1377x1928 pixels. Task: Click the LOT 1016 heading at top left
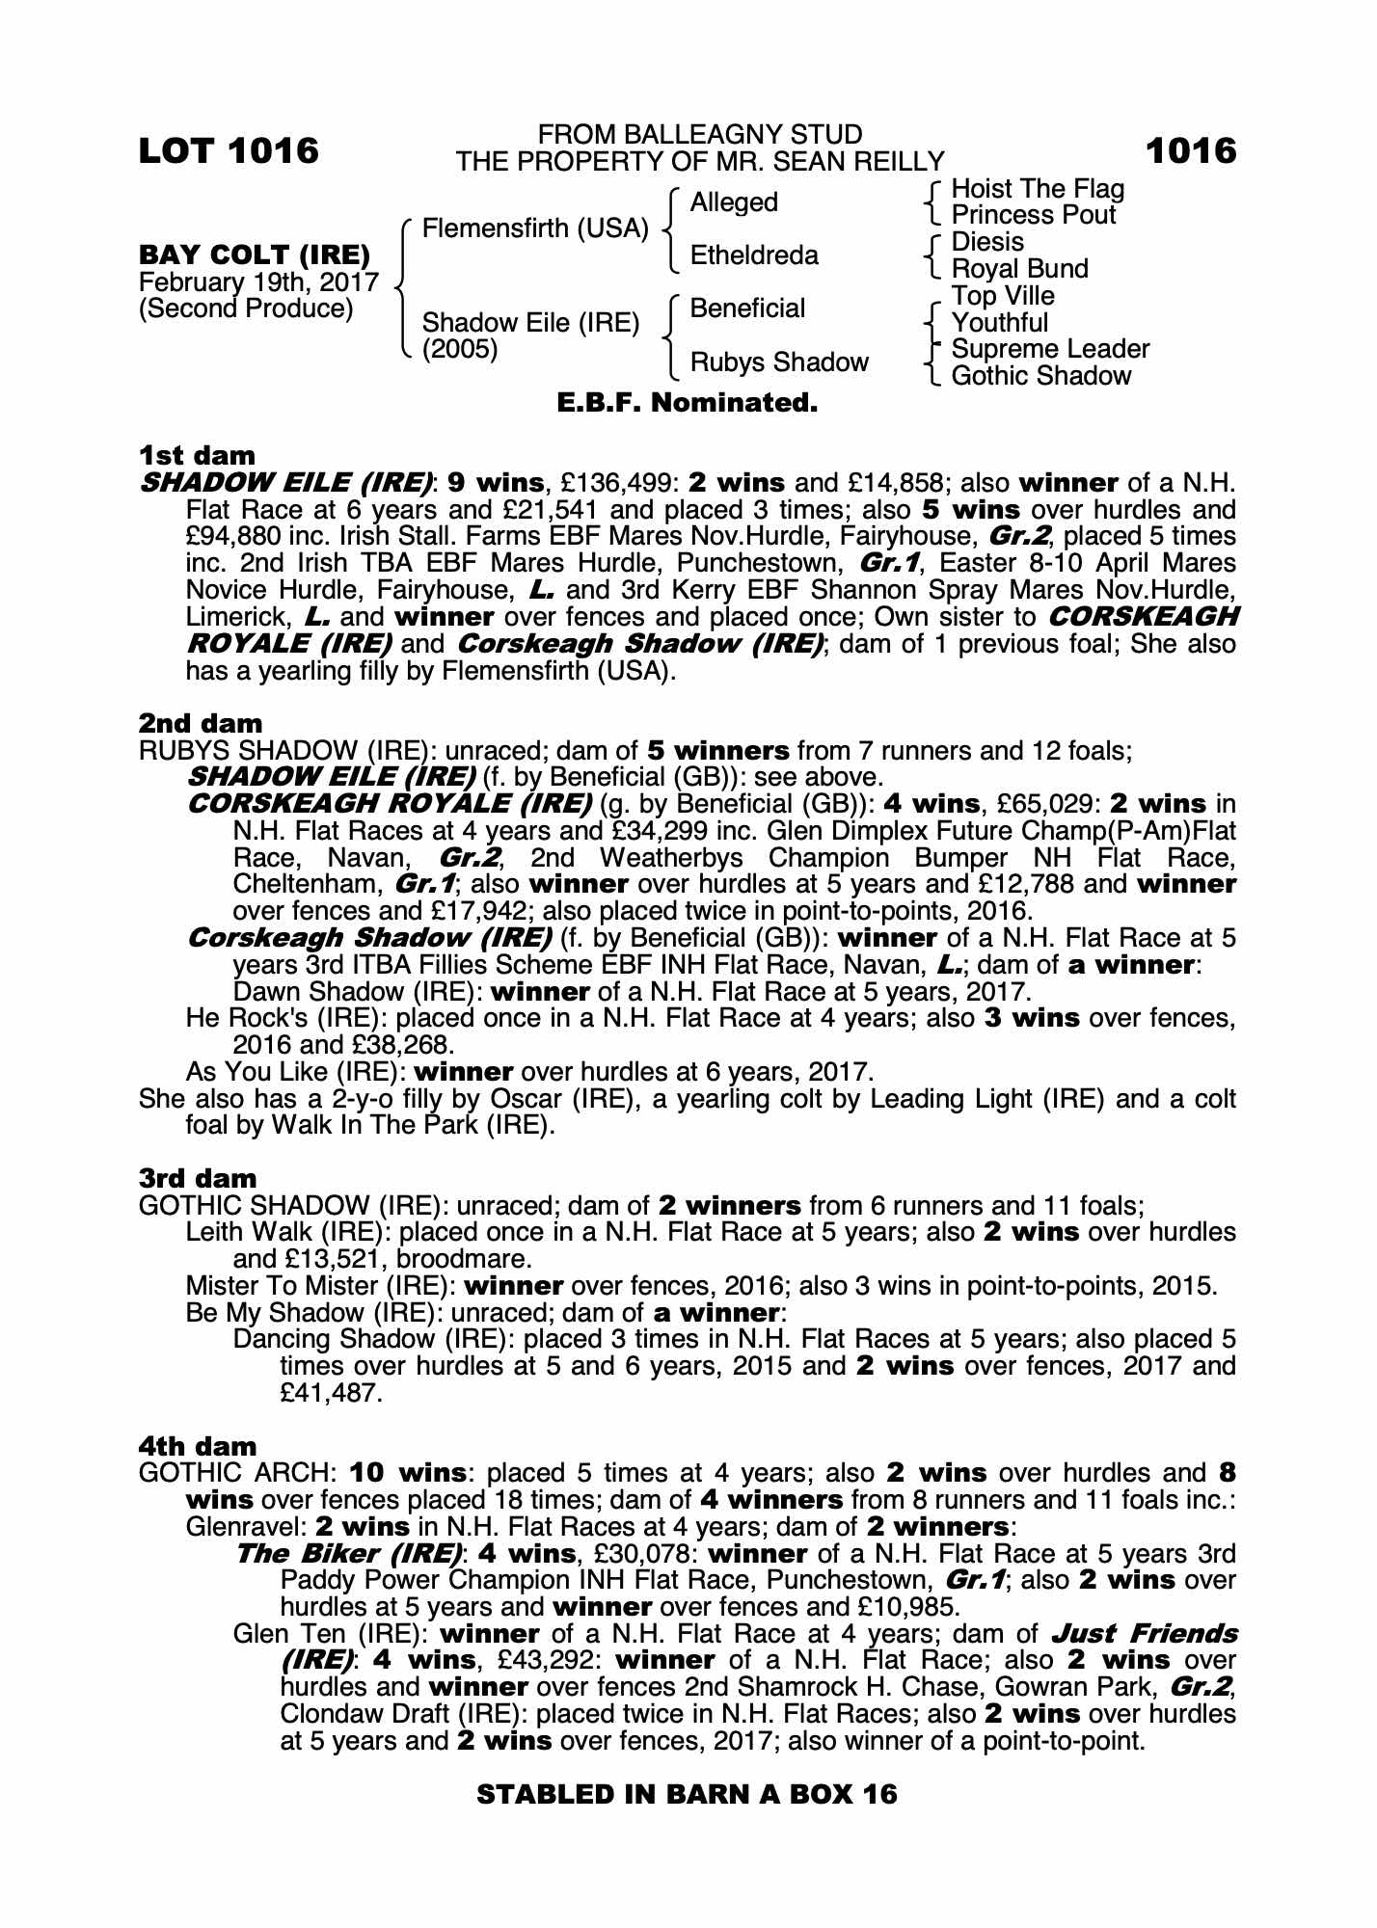(x=229, y=151)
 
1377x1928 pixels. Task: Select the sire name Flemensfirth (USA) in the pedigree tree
(x=535, y=229)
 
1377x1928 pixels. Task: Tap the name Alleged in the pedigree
(x=734, y=202)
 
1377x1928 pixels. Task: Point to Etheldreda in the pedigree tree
(x=754, y=255)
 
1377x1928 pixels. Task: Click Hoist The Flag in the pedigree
(x=1038, y=189)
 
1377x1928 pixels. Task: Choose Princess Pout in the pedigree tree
(x=1033, y=215)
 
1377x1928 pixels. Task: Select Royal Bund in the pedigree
(x=1019, y=269)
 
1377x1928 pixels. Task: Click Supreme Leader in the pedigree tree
(x=1050, y=349)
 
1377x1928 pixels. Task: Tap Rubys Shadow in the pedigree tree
(x=779, y=362)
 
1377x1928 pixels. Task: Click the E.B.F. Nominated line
(x=688, y=403)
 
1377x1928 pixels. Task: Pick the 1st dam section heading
(x=197, y=455)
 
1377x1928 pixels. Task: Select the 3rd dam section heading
(x=198, y=1178)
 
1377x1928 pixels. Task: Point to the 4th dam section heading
(x=198, y=1446)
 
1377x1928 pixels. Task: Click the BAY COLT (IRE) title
(x=255, y=255)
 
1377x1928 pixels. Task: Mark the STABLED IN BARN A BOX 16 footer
(x=688, y=1794)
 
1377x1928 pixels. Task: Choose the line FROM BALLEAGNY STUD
(x=700, y=135)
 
